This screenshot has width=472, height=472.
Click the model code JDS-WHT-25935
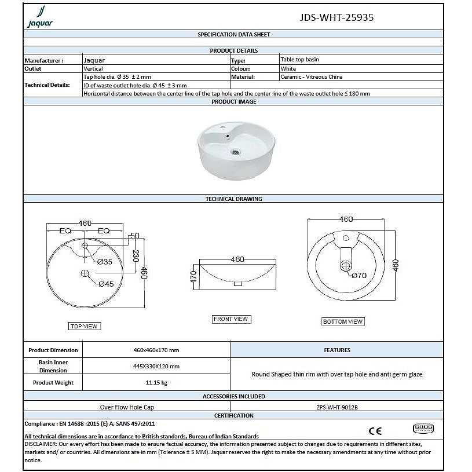point(336,17)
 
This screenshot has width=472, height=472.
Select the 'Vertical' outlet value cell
point(93,68)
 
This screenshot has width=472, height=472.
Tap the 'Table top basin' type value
point(299,60)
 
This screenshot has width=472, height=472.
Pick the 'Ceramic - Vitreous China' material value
point(311,77)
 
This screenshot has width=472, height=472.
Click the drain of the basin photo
point(235,152)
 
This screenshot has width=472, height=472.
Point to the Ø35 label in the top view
point(105,262)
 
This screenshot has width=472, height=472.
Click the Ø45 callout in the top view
point(105,284)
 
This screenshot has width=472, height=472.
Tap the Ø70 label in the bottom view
point(359,276)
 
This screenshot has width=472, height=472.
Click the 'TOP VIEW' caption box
point(84,327)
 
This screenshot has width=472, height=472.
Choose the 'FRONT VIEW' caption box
point(230,319)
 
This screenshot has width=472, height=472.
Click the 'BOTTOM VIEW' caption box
point(343,321)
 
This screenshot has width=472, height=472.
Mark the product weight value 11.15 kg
point(156,383)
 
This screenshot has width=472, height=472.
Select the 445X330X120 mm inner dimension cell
point(156,367)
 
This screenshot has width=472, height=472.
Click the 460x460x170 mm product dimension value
point(156,350)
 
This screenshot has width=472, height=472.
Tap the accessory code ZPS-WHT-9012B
point(336,407)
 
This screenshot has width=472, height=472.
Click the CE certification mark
point(375,430)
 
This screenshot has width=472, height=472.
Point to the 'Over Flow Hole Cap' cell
point(127,407)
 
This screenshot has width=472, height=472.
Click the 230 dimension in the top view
point(136,255)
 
